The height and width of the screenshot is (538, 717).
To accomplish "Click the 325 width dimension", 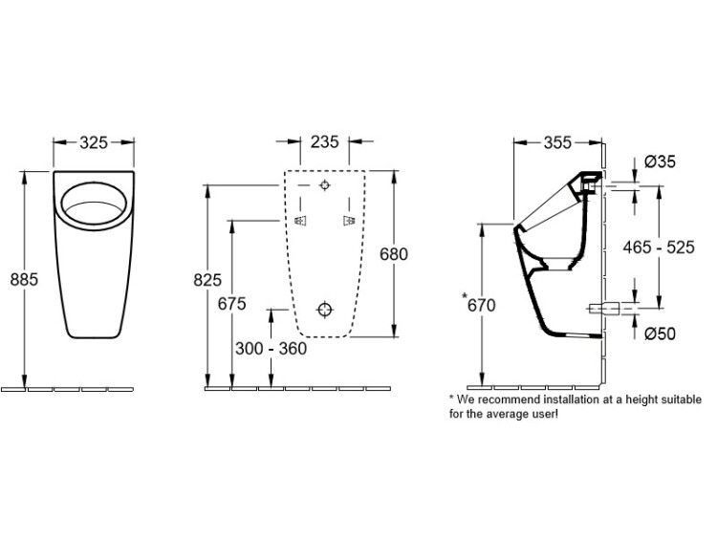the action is point(94,142).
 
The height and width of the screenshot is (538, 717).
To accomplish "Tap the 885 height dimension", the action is point(24,279).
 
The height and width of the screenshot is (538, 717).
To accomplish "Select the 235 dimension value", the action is point(325,141).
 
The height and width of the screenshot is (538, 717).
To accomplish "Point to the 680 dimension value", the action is point(394,253).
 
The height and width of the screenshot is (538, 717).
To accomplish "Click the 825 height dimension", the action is point(207,280).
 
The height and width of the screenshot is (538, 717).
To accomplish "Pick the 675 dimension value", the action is point(232,304).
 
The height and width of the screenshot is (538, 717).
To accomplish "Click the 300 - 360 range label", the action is point(272,349).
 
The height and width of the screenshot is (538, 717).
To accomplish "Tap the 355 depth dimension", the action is point(558,142).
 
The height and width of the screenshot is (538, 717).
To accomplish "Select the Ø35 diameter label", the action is point(660,161).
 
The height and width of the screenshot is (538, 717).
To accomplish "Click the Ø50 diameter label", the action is point(660,334).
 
